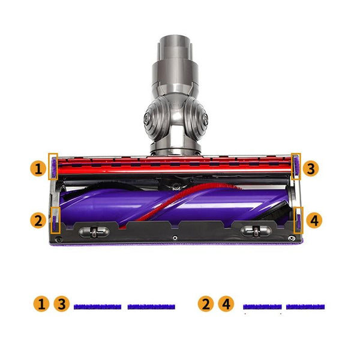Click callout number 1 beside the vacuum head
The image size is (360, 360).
point(38,169)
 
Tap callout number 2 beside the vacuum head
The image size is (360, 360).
point(38,220)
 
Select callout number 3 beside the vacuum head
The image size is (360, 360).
point(311,169)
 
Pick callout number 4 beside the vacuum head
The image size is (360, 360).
point(314,220)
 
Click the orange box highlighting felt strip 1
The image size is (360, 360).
point(49,166)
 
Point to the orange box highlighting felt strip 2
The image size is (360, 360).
point(51,220)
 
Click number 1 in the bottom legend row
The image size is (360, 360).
point(41,304)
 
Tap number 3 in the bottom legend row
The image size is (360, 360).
point(61,304)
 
